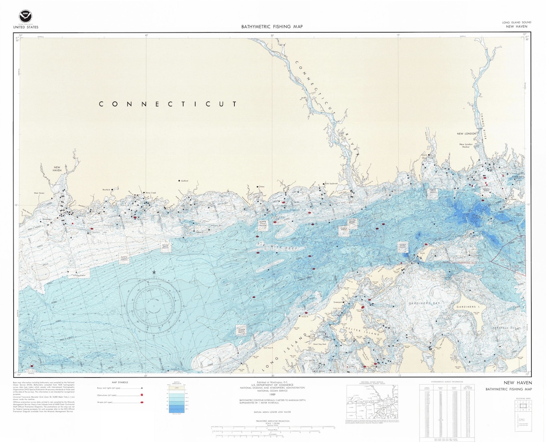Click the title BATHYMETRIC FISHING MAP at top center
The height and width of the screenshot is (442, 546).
pyautogui.click(x=272, y=27)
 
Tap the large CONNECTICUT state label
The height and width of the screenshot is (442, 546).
pyautogui.click(x=168, y=104)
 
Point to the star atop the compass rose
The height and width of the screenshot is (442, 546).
pyautogui.click(x=154, y=272)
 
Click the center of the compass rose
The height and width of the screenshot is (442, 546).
pyautogui.click(x=154, y=303)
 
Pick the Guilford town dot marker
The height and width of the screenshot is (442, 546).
pyautogui.click(x=179, y=181)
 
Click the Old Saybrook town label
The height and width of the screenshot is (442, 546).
pyautogui.click(x=331, y=183)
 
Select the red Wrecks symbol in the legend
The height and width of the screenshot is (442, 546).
pyautogui.click(x=142, y=403)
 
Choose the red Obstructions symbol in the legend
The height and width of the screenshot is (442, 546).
pyautogui.click(x=142, y=395)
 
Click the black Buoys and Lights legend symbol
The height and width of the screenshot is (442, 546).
pyautogui.click(x=142, y=388)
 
